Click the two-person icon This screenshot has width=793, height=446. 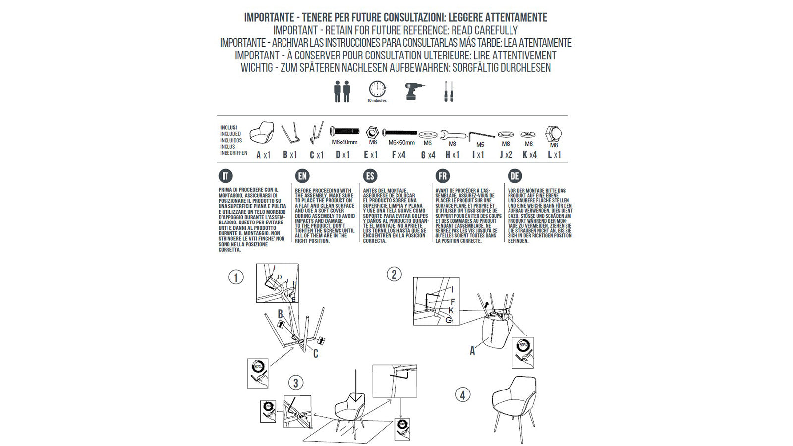pos(342,91)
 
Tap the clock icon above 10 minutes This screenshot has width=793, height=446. pos(377,89)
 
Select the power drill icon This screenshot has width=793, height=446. pos(414,91)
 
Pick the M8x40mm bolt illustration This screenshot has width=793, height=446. pos(344,131)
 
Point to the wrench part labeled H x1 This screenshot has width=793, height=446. pos(453,134)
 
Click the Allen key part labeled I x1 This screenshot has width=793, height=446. pos(481,135)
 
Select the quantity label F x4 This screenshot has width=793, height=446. pos(398,155)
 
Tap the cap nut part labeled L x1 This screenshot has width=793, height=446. pos(554,133)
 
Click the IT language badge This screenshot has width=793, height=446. pos(226,176)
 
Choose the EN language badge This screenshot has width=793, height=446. pos(302,176)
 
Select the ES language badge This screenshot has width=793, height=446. pos(370,176)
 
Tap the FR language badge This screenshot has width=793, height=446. pos(442,176)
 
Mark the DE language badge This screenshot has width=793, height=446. pos(515,176)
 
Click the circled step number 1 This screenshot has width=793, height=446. pos(236,277)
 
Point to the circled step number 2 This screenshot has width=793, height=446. pos(394,274)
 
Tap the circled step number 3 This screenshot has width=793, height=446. pos(296,383)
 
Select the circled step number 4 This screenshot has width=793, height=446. pos(462,395)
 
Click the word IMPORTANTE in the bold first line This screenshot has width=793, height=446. pos(268,18)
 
